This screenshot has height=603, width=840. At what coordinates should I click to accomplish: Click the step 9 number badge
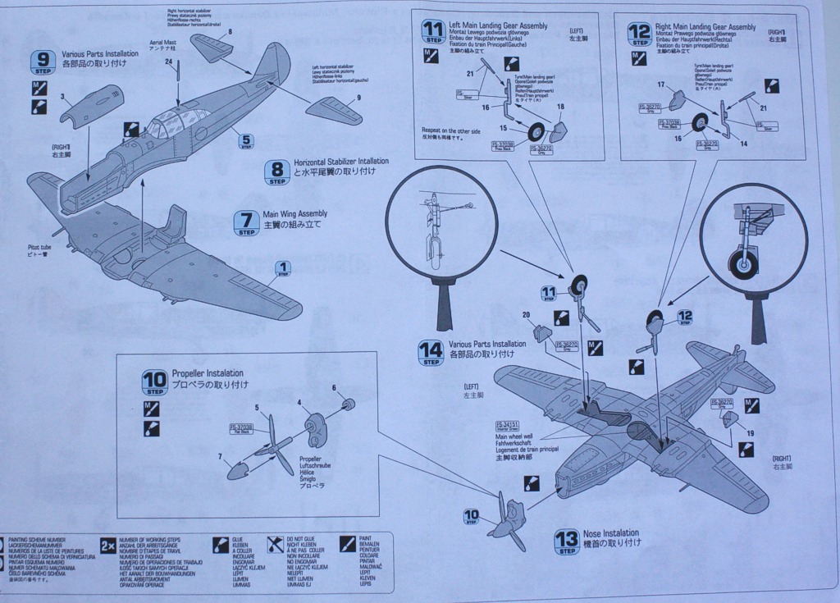[43, 61]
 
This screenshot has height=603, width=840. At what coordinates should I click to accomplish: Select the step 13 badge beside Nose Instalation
[566, 541]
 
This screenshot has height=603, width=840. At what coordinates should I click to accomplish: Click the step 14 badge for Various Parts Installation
[431, 352]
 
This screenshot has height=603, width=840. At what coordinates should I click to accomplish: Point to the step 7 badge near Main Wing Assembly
[246, 222]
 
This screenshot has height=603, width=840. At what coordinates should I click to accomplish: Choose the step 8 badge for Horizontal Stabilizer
[276, 171]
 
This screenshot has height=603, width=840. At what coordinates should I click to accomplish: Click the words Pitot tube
[39, 248]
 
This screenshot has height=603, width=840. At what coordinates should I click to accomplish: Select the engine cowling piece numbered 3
[90, 105]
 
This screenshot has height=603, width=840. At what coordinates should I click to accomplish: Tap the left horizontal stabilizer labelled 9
[335, 110]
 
